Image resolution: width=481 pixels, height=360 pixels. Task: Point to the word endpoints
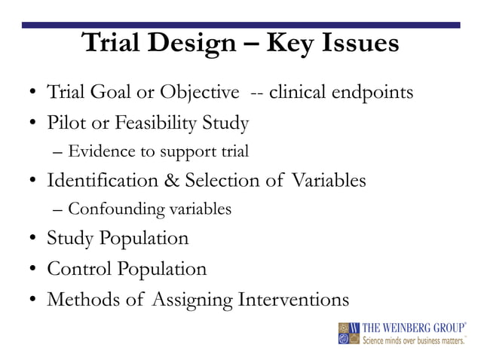click(x=370, y=93)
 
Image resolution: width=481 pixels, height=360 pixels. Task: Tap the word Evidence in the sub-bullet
click(x=99, y=151)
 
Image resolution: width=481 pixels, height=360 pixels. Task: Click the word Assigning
click(x=193, y=300)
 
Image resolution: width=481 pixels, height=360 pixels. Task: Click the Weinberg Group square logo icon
click(x=349, y=333)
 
